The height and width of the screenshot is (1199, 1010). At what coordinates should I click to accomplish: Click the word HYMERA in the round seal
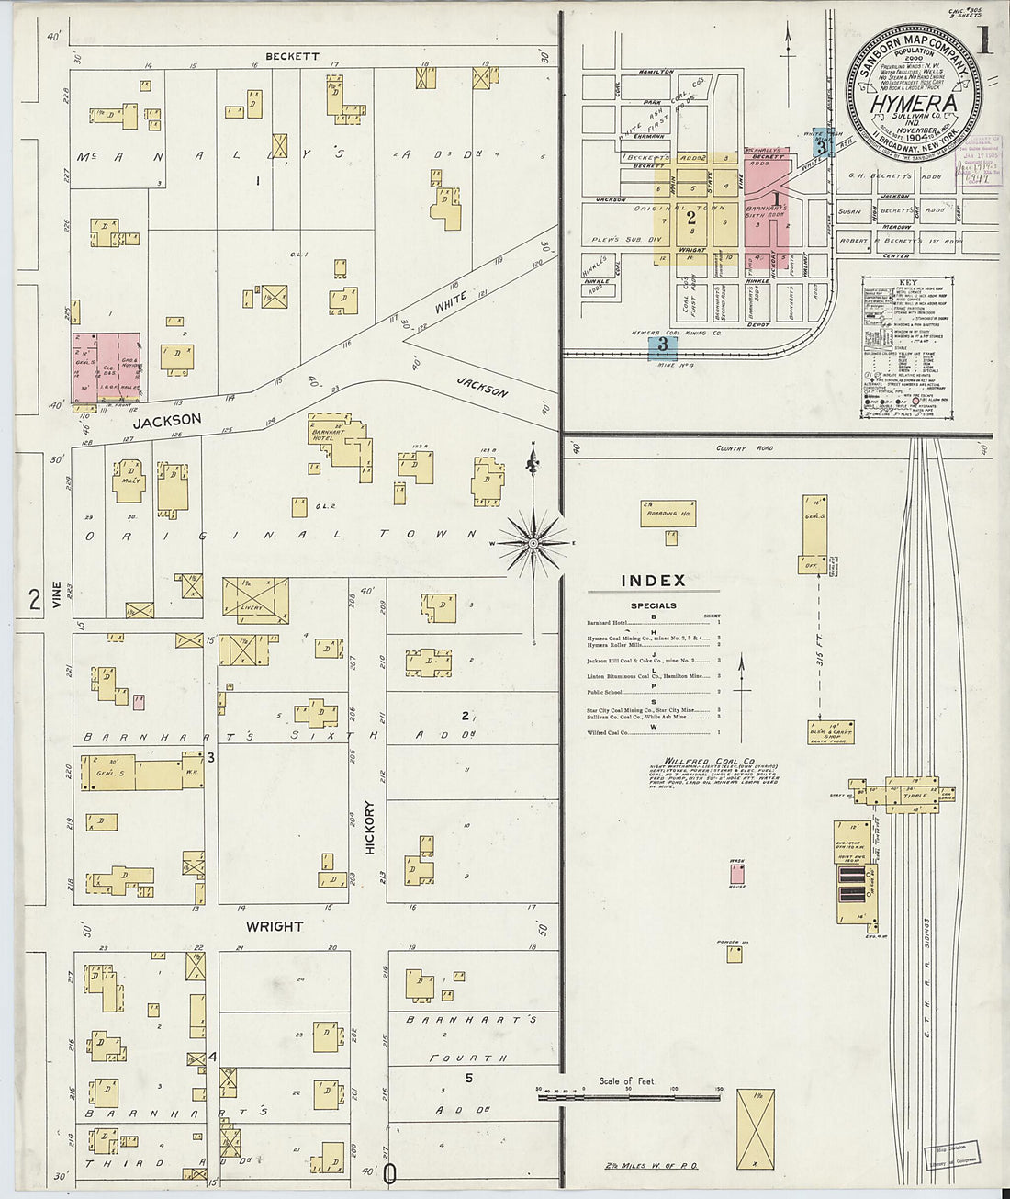click(x=913, y=104)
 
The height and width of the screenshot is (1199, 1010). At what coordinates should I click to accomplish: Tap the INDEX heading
click(x=653, y=581)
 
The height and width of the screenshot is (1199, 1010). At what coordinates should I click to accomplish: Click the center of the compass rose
click(x=533, y=543)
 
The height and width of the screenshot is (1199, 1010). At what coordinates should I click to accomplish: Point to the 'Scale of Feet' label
click(x=626, y=1081)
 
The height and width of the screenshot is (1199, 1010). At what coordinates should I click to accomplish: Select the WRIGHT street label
click(x=274, y=926)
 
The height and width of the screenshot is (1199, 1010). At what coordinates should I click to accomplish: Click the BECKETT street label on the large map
click(x=292, y=56)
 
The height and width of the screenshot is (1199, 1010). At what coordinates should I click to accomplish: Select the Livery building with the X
click(x=255, y=600)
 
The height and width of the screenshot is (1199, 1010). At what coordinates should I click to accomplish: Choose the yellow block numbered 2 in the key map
click(x=690, y=217)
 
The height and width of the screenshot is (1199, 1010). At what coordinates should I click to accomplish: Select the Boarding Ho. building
click(x=668, y=514)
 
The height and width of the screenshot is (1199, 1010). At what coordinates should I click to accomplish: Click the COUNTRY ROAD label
click(x=745, y=449)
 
